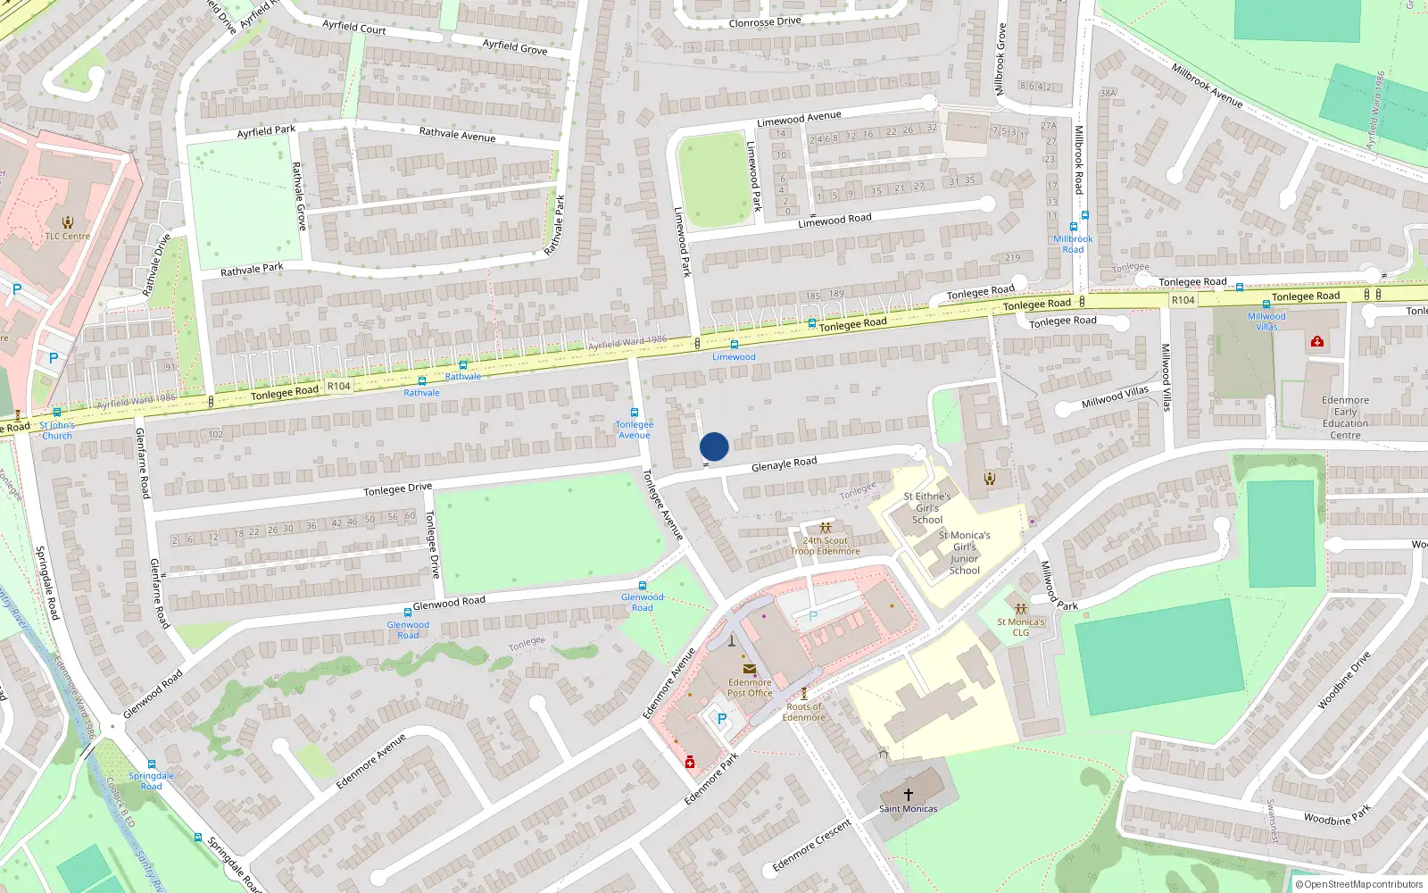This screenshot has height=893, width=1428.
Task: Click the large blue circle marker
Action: (714, 446)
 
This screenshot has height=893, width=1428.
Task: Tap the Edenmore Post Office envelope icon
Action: (750, 669)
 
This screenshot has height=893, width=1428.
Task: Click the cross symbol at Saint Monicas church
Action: (909, 794)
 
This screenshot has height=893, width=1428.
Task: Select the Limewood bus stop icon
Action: (734, 345)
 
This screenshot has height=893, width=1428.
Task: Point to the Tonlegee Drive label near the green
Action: (397, 489)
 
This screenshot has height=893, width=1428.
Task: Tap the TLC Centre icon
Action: (68, 222)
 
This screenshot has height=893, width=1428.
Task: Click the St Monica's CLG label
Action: (1020, 627)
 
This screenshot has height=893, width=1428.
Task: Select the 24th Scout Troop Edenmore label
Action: (825, 546)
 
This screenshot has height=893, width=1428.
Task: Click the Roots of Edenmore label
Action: (803, 712)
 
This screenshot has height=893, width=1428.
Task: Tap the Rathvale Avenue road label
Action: (457, 134)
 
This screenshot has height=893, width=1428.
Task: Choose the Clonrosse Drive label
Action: (765, 21)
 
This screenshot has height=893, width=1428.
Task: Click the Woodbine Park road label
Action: (1336, 816)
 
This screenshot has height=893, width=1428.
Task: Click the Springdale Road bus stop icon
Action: (152, 765)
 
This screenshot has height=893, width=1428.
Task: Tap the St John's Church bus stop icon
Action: (57, 413)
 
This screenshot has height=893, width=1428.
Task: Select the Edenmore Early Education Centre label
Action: (1345, 418)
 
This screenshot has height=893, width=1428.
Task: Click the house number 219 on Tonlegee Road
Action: (1012, 258)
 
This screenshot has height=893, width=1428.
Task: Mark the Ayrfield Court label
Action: (354, 28)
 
